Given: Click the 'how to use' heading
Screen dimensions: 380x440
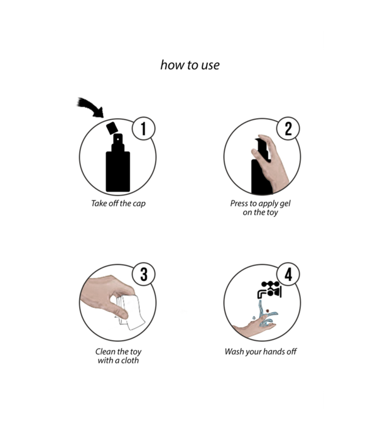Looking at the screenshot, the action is [x=190, y=65].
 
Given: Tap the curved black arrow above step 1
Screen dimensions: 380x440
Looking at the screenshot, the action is [x=90, y=107].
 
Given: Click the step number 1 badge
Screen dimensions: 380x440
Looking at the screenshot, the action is [x=144, y=128].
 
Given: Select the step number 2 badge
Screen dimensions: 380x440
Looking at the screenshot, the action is [x=288, y=128].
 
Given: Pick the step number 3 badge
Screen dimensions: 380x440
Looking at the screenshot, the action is [x=144, y=274].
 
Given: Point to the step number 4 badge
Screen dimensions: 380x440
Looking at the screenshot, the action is [x=288, y=274].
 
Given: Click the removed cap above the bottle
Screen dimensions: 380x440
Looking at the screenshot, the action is [x=112, y=128].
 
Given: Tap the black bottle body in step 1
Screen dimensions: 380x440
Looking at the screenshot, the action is [x=118, y=172].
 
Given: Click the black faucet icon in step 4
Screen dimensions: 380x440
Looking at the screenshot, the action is [x=269, y=290].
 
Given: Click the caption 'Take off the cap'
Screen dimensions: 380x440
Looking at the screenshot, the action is [x=118, y=204].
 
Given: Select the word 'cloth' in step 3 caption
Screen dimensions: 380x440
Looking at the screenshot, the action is [x=130, y=360].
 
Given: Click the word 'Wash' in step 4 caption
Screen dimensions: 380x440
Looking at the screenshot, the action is [x=234, y=351].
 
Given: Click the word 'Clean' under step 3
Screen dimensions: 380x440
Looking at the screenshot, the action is [x=105, y=351].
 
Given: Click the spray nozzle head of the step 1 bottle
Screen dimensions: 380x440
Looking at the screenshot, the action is [x=118, y=140].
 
